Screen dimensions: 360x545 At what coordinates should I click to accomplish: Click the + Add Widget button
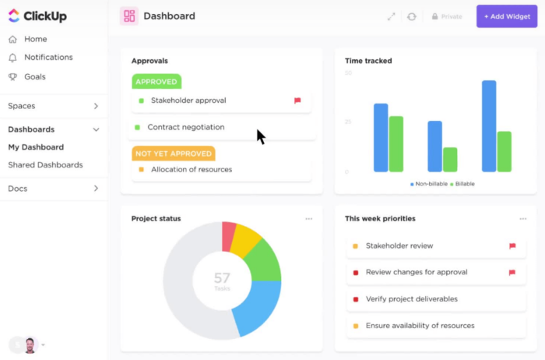tap(506, 16)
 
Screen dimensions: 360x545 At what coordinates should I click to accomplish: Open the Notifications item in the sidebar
tap(48, 58)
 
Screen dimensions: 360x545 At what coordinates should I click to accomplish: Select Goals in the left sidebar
tap(34, 77)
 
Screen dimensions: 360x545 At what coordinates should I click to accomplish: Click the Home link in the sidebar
tap(35, 39)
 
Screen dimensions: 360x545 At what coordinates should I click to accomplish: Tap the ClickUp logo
tap(37, 16)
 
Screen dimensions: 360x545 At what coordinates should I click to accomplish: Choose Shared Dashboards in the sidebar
tap(45, 165)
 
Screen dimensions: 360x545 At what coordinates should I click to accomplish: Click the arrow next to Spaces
tap(97, 106)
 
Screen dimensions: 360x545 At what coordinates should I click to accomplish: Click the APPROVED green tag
tap(156, 81)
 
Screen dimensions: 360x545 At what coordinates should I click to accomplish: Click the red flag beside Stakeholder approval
tap(297, 101)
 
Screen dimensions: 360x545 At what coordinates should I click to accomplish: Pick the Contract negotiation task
tap(186, 127)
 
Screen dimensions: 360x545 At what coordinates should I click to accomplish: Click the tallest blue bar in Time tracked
tap(489, 125)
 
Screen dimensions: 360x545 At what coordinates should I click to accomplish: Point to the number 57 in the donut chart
tap(222, 277)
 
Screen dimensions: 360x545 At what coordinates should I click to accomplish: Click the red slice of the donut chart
tap(229, 236)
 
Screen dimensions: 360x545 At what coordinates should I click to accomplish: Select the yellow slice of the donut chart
tap(246, 240)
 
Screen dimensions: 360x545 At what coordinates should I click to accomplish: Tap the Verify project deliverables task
tap(412, 299)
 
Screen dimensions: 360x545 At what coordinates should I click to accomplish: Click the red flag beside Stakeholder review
tap(512, 246)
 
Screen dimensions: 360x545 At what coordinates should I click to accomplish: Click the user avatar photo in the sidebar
tap(30, 344)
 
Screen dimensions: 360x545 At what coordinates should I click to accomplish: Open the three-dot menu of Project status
tap(309, 219)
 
